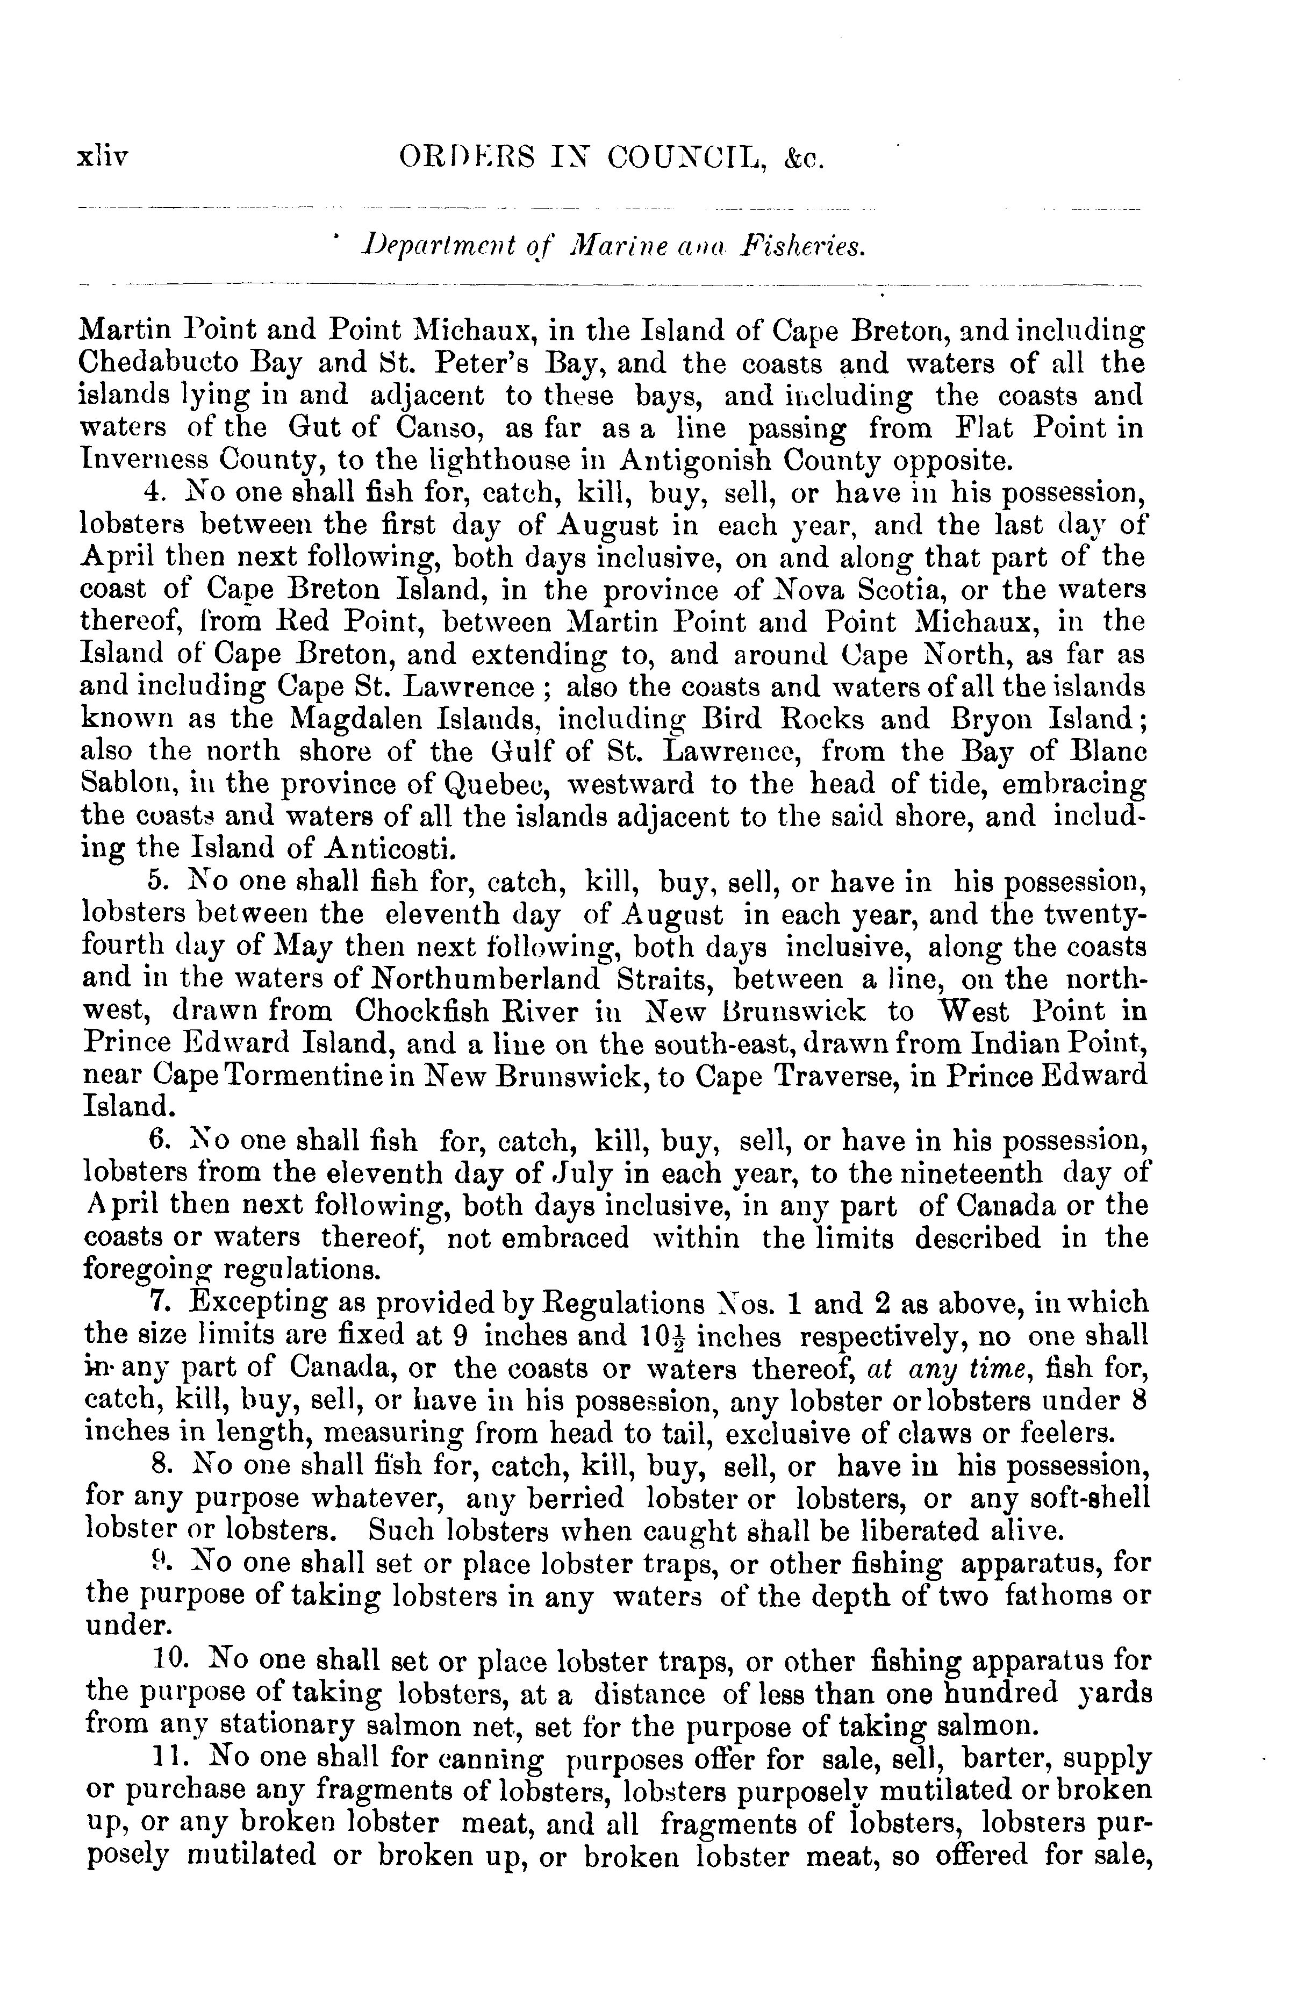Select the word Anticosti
(x=390, y=849)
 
